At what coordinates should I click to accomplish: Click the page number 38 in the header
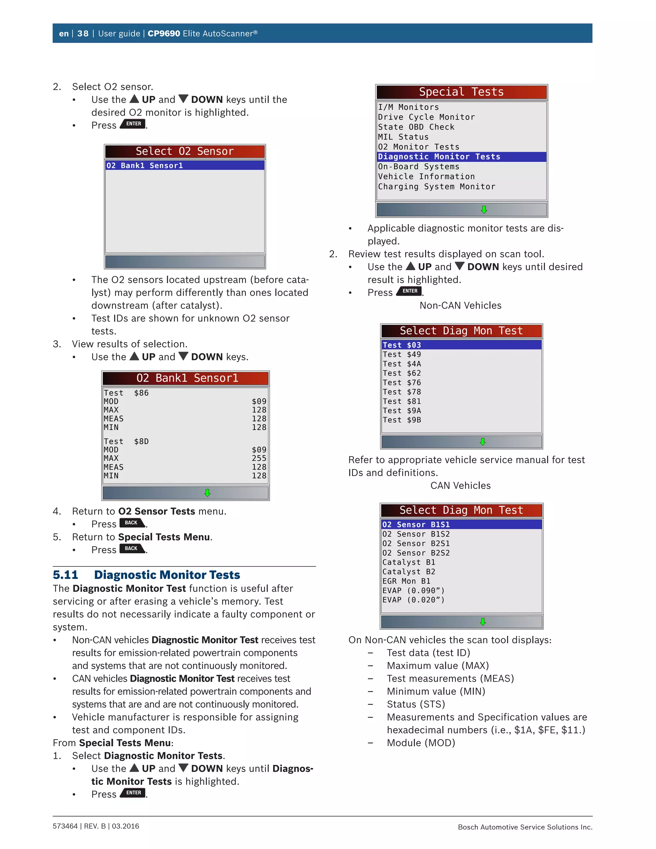[x=83, y=33]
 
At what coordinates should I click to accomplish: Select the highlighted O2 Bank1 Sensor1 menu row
[x=184, y=166]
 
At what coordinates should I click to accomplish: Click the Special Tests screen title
[x=461, y=92]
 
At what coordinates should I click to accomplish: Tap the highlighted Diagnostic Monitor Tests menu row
[x=461, y=157]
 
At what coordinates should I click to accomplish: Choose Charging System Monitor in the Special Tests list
[x=437, y=186]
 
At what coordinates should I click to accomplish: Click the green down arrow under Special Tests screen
[x=484, y=210]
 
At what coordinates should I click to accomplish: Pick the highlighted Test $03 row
[x=461, y=345]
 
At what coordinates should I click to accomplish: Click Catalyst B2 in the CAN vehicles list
[x=408, y=572]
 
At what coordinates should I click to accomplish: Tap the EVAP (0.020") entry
[x=413, y=600]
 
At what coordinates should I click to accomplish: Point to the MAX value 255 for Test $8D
[x=259, y=458]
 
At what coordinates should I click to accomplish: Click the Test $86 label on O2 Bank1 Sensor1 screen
[x=126, y=393]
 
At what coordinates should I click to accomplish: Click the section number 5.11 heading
[x=65, y=575]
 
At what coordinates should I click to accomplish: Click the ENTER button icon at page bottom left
[x=133, y=793]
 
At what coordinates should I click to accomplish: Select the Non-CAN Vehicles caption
[x=460, y=306]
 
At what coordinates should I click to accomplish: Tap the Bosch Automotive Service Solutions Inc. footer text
[x=525, y=827]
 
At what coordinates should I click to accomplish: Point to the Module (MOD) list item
[x=421, y=743]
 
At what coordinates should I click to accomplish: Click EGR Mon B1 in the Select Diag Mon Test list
[x=406, y=581]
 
